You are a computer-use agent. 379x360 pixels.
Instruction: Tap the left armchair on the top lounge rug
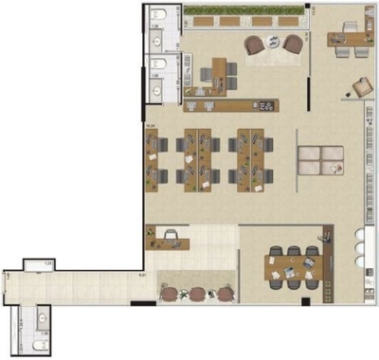click(254, 45)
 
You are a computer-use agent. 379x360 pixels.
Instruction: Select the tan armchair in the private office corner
click(361, 86)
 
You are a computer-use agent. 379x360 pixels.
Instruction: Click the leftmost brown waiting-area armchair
click(170, 294)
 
